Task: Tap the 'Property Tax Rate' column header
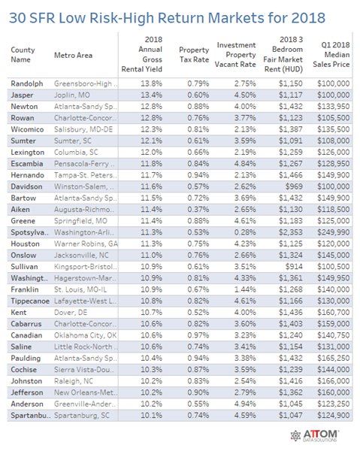pos(194,55)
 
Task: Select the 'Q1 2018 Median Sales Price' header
pos(331,55)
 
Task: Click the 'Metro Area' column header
pos(74,55)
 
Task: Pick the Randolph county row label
pos(27,83)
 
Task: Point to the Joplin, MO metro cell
pos(72,95)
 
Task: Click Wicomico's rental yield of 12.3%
pos(152,129)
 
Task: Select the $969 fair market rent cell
pos(294,186)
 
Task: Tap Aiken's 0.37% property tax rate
pos(198,210)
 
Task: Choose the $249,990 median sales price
pos(334,232)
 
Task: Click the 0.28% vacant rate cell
pos(245,232)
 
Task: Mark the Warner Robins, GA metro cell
pos(86,244)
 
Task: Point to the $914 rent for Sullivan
pos(294,267)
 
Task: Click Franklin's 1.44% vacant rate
pos(245,289)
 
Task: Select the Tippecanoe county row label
pos(30,301)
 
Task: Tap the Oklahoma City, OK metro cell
pos(86,335)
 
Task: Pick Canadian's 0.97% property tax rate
pos(198,335)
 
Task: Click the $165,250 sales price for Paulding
pos(334,358)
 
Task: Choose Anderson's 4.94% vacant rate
pos(245,404)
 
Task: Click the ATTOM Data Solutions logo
pos(315,436)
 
